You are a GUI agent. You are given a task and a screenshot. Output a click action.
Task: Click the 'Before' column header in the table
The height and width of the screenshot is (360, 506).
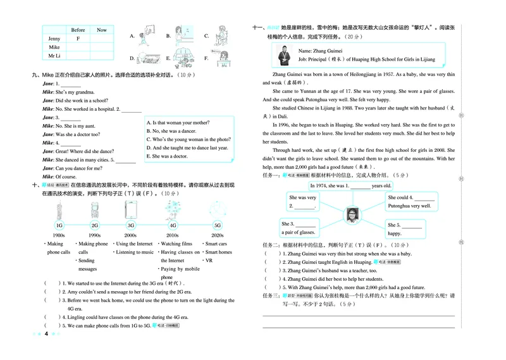[78, 30]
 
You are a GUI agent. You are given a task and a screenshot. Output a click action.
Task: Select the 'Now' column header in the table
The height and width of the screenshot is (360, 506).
[101, 30]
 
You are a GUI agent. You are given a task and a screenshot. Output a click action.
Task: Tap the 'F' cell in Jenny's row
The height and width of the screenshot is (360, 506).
[78, 39]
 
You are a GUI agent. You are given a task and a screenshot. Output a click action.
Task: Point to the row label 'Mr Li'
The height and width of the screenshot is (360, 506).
[54, 56]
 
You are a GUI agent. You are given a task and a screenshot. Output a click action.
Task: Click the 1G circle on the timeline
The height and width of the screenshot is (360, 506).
[59, 225]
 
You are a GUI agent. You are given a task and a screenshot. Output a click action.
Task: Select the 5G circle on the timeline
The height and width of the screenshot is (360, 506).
[218, 225]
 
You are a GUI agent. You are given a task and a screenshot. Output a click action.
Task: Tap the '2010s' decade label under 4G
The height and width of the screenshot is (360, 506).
[172, 235]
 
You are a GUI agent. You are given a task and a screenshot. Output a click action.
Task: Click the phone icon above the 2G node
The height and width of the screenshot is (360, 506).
[94, 209]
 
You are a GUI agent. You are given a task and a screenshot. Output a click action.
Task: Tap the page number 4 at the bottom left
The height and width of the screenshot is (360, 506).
[46, 333]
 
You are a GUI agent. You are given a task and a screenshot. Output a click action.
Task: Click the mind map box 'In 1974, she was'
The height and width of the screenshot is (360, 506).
[350, 186]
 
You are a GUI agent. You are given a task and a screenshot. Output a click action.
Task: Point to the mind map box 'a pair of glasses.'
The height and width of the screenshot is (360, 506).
[300, 228]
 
